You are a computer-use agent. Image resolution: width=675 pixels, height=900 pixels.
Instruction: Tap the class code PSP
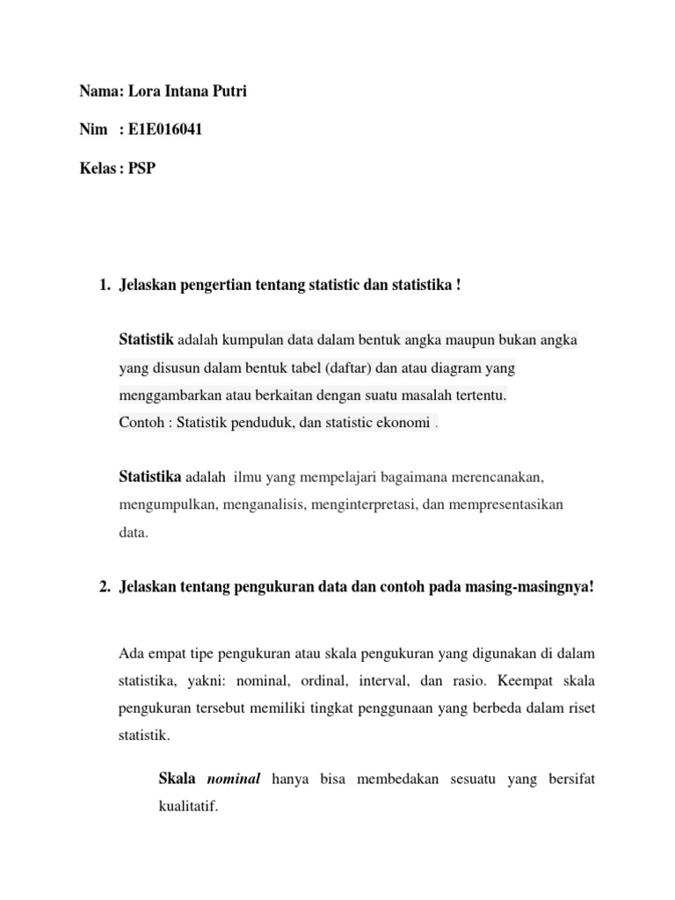click(141, 169)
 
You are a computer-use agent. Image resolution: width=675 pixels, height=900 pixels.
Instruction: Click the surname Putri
click(227, 91)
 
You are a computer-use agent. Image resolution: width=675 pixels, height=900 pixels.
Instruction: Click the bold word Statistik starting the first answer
click(146, 339)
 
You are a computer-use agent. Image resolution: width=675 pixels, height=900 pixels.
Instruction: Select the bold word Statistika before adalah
click(150, 476)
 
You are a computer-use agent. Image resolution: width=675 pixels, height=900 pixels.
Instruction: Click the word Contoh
click(141, 423)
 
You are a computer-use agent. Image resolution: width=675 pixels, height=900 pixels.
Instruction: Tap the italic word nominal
click(235, 780)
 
